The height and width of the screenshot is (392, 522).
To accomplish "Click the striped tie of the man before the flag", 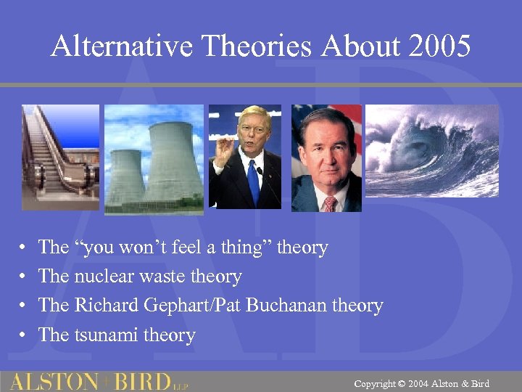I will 328,204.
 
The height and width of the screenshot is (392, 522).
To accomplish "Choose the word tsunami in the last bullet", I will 102,335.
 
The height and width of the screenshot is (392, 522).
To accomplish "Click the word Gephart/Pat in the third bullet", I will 195,306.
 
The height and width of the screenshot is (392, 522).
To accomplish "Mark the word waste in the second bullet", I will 159,277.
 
